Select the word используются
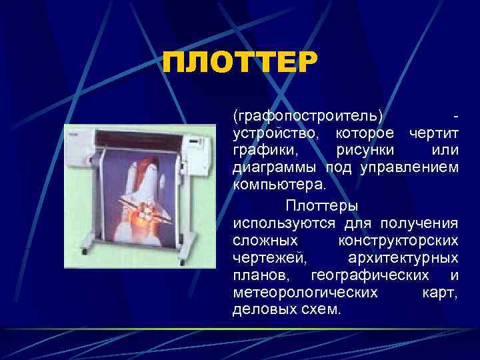(x=285, y=222)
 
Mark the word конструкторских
(x=398, y=239)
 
